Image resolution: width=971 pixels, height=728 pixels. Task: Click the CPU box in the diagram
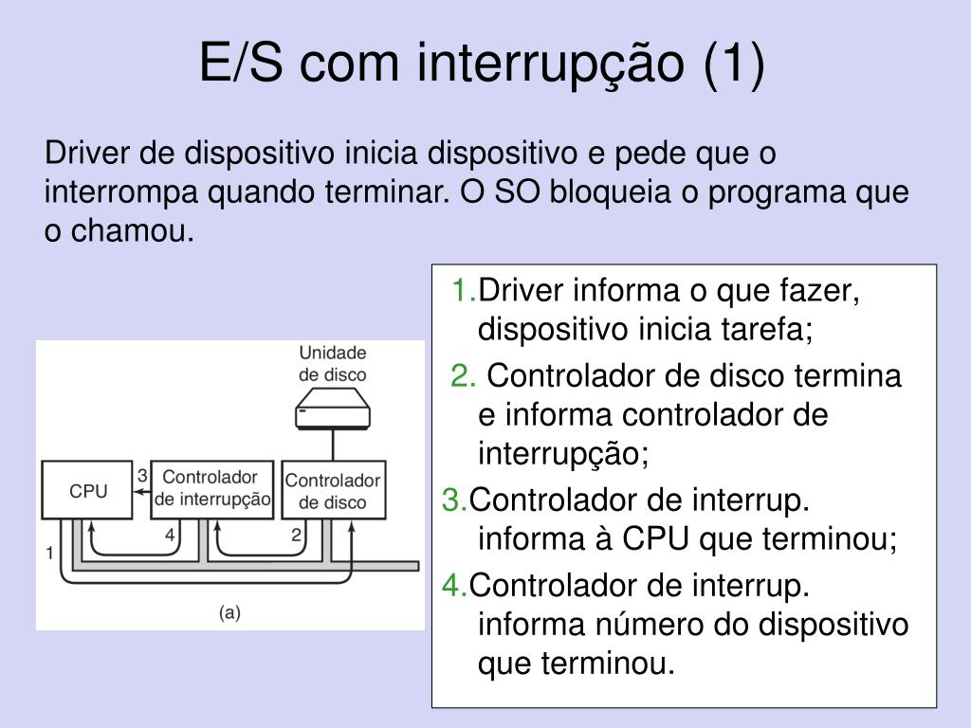coord(88,491)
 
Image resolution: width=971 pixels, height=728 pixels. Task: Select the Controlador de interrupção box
coord(211,488)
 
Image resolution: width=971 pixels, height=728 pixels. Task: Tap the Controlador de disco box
coord(332,491)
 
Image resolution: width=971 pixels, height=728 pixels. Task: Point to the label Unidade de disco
coord(332,363)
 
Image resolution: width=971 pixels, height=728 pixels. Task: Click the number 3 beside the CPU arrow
coord(142,474)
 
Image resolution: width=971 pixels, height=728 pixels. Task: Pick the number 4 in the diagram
coord(170,535)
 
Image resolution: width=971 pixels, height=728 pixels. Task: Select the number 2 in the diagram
coord(296,535)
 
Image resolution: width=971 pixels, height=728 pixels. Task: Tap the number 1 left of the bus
coord(48,552)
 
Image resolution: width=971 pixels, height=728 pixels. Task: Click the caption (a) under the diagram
coord(229,612)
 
